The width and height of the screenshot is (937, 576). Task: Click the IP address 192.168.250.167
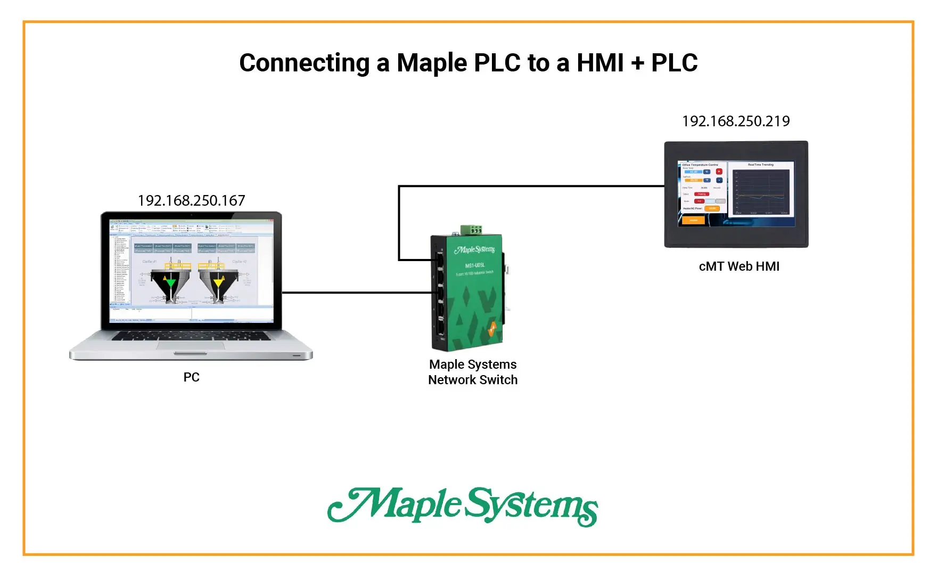[191, 201]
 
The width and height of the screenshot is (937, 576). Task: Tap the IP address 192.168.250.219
[736, 121]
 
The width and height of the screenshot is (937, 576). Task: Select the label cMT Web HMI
[739, 266]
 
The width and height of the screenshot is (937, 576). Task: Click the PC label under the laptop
[191, 377]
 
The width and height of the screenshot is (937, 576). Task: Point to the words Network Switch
[473, 380]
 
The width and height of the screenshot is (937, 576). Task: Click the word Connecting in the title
[304, 63]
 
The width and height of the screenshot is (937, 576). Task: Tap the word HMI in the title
[600, 63]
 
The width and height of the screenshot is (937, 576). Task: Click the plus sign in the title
[637, 64]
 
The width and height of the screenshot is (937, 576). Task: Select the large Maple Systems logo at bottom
[462, 506]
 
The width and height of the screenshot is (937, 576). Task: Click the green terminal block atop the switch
[471, 230]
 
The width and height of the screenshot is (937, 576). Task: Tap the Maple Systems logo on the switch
[474, 250]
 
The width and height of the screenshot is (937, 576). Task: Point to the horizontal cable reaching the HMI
[532, 186]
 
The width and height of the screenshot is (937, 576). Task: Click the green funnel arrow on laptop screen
[170, 282]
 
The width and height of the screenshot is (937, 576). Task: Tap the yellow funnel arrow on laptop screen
[218, 282]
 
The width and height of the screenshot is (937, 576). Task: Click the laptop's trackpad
[191, 345]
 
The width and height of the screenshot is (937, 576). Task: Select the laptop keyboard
[191, 336]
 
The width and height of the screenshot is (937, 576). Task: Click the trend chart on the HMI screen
[761, 192]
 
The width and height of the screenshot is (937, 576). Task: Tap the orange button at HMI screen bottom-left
[694, 220]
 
